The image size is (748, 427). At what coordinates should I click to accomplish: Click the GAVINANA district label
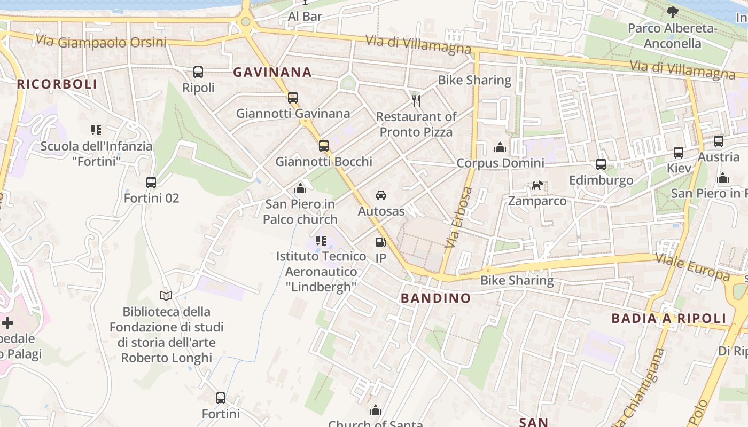pyautogui.click(x=272, y=72)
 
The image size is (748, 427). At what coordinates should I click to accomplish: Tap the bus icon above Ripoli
pyautogui.click(x=198, y=72)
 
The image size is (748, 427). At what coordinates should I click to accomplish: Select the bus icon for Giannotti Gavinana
pyautogui.click(x=293, y=97)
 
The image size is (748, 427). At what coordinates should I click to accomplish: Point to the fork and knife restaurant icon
pyautogui.click(x=416, y=100)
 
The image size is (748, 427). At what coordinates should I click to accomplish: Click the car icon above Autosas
pyautogui.click(x=381, y=195)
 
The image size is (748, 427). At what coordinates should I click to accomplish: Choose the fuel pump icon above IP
pyautogui.click(x=380, y=242)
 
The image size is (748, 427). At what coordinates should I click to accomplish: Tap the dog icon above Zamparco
pyautogui.click(x=537, y=185)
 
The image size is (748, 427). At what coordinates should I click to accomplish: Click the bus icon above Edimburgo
pyautogui.click(x=601, y=164)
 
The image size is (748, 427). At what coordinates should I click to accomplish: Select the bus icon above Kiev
pyautogui.click(x=679, y=152)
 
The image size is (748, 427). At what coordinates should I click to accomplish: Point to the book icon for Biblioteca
pyautogui.click(x=166, y=295)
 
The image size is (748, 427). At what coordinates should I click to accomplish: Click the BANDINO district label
pyautogui.click(x=436, y=298)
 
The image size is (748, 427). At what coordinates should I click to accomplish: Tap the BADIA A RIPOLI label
pyautogui.click(x=669, y=319)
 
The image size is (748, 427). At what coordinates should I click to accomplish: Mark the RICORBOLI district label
pyautogui.click(x=57, y=84)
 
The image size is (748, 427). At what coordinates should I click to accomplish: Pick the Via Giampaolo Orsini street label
pyautogui.click(x=101, y=42)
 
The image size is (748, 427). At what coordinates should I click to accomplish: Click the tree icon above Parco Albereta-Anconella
pyautogui.click(x=672, y=12)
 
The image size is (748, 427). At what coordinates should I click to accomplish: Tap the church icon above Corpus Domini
pyautogui.click(x=500, y=147)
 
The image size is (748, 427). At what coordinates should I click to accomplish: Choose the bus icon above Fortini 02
pyautogui.click(x=151, y=182)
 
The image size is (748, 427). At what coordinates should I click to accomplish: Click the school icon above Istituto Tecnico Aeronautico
pyautogui.click(x=321, y=240)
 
